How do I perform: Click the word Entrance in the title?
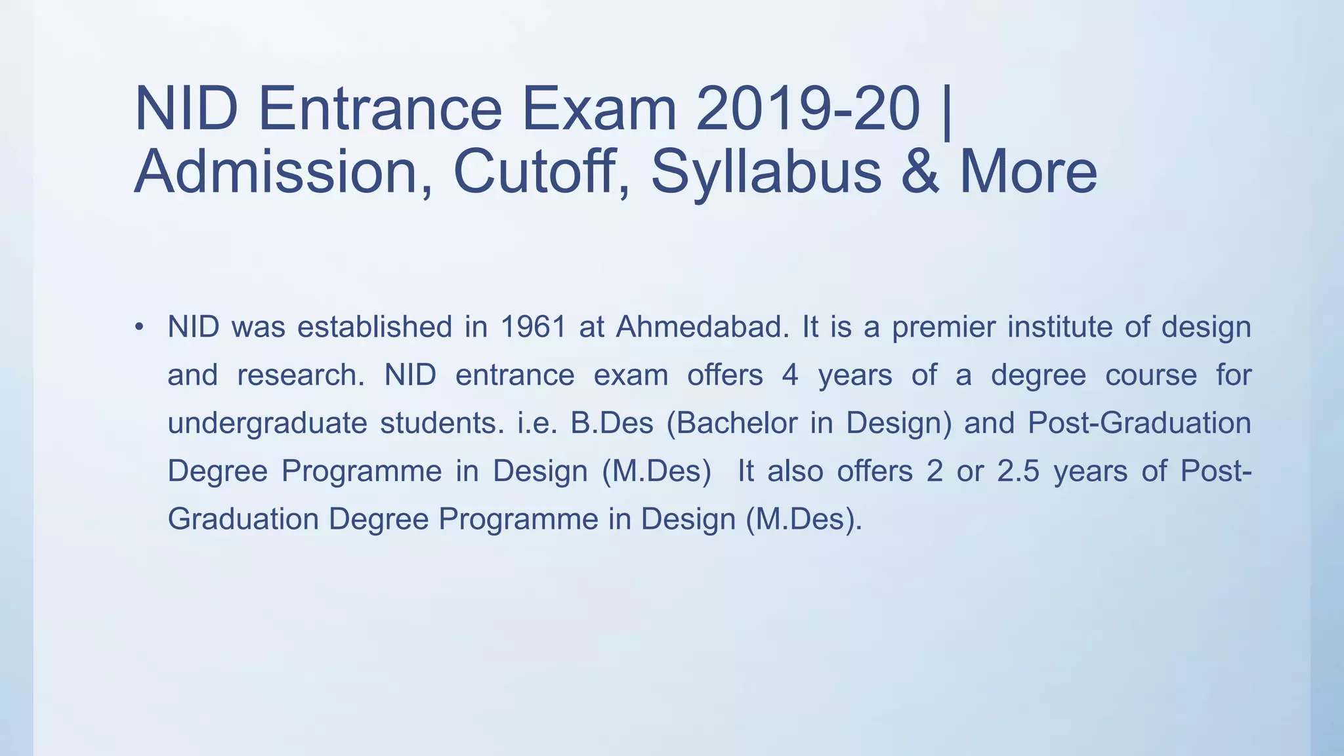(380, 109)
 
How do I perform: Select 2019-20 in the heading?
(808, 109)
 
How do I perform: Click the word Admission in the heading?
(276, 173)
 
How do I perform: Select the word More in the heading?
(1028, 173)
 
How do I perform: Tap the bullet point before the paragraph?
(138, 327)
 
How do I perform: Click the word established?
(375, 327)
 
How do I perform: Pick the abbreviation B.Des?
(612, 423)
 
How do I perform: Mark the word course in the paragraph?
(1151, 375)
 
